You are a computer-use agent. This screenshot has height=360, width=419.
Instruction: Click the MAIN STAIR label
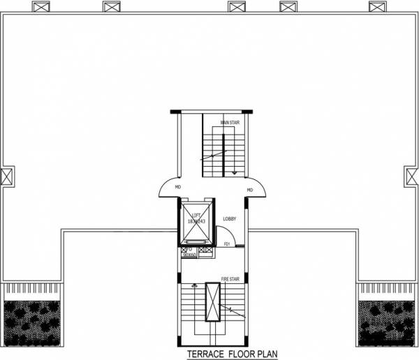tap(230, 123)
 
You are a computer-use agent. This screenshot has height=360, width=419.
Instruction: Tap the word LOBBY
tap(229, 219)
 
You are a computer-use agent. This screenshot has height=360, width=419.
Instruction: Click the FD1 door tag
tap(228, 244)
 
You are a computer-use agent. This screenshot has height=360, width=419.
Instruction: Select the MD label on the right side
tap(249, 189)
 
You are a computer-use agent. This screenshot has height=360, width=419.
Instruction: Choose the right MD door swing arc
tap(258, 185)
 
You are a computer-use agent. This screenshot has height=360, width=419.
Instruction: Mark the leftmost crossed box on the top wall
tap(41, 7)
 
